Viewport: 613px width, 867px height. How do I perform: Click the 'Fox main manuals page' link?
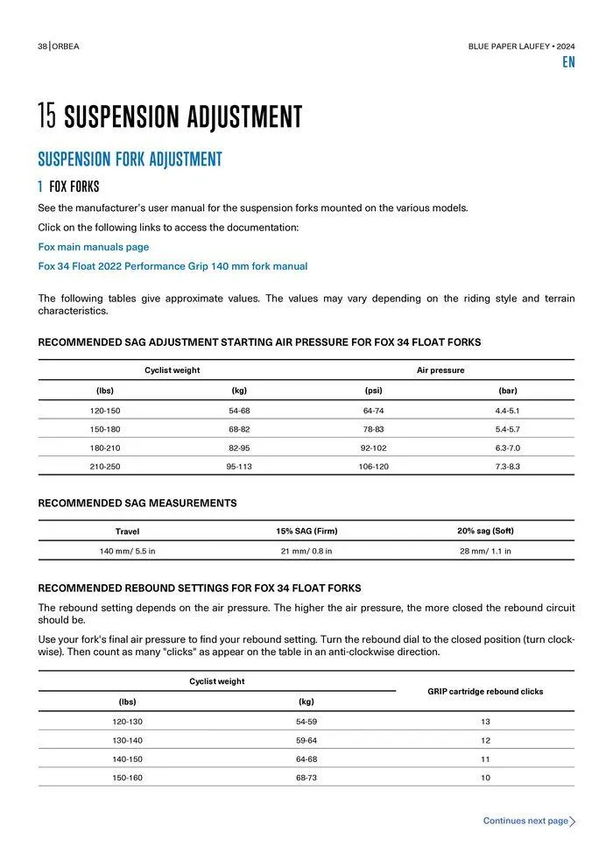coord(94,247)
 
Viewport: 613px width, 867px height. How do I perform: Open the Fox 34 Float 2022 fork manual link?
coord(173,266)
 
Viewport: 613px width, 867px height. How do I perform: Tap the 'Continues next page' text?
coord(525,821)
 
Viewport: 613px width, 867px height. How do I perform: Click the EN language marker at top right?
coord(568,63)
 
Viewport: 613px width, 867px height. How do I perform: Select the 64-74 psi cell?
coord(374,411)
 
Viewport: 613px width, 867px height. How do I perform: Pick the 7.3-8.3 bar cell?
coord(508,467)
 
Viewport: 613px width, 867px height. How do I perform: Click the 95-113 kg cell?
coord(239,467)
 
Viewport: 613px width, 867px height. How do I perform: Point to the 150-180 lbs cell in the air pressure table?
coord(105,429)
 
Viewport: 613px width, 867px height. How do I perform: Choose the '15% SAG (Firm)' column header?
coord(306,532)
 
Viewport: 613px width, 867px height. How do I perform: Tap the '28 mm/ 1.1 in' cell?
coord(485,551)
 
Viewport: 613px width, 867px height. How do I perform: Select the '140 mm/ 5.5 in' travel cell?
coord(127,551)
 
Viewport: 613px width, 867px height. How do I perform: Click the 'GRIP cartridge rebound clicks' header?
coord(485,692)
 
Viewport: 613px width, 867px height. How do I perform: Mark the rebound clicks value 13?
coord(485,722)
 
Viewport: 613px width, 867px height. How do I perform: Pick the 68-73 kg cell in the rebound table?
coord(306,778)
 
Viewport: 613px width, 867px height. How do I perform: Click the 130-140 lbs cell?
coord(128,740)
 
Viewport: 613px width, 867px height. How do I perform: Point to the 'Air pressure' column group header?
coord(440,370)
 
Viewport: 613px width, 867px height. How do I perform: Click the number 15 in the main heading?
coord(47,116)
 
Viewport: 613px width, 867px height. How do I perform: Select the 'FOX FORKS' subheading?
coord(74,187)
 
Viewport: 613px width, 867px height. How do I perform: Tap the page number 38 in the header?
coord(42,46)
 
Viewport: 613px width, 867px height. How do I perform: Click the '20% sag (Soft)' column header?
coord(485,532)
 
